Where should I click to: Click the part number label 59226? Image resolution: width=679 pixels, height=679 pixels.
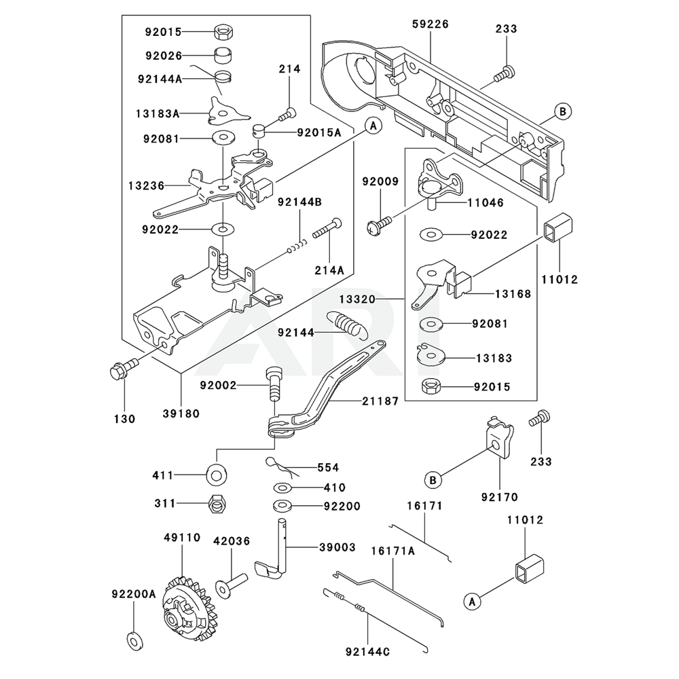[430, 24]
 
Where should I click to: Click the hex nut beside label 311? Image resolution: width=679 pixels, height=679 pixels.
[217, 503]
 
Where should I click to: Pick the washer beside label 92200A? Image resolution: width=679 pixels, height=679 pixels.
[134, 639]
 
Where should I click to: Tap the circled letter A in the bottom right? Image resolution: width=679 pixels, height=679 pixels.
[471, 601]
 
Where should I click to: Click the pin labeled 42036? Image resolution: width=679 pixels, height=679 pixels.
[230, 585]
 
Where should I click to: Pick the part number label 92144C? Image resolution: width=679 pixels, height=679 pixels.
[367, 653]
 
